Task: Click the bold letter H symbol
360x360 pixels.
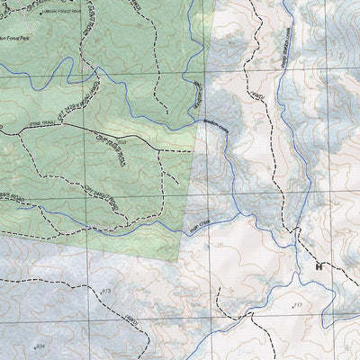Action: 318,266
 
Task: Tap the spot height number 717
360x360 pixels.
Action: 297,307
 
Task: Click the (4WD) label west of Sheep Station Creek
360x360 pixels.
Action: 255,94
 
